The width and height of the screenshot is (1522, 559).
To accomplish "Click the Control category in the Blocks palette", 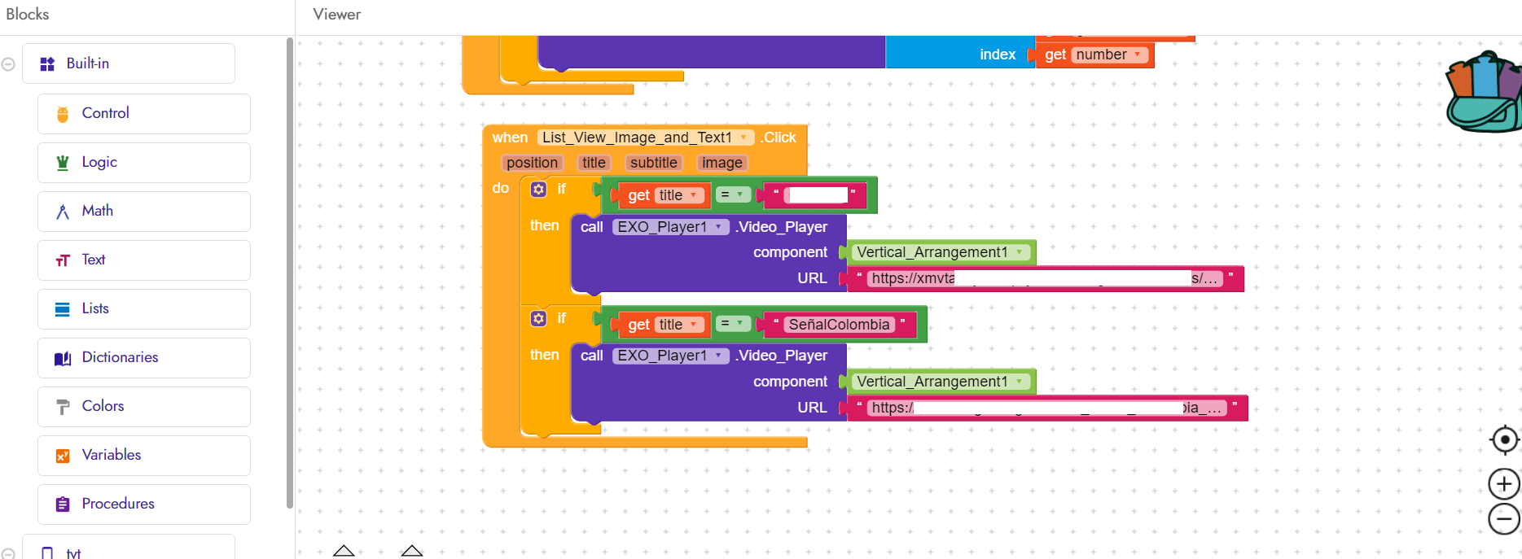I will pos(105,113).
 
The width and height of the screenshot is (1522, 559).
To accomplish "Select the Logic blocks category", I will pos(99,162).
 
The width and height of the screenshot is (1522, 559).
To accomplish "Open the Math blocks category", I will pos(97,211).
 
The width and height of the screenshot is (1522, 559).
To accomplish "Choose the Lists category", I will pos(95,308).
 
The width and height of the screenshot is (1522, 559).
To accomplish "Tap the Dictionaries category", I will pos(120,357).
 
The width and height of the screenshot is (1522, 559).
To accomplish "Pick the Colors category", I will pos(103,406).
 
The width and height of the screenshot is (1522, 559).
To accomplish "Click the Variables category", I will pos(111,455).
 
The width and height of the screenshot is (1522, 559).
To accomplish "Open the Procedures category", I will pos(118,504).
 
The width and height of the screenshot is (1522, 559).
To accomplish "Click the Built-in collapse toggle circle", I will pos(8,64).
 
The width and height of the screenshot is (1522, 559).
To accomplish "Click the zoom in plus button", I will pos(1504,484).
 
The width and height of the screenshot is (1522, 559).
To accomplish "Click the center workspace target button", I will pos(1504,440).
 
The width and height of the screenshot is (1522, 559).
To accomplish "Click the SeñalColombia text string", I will pos(839,325).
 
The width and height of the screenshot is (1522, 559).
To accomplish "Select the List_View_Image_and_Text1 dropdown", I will pos(644,138).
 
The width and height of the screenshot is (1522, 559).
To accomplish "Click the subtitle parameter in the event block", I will pos(653,163).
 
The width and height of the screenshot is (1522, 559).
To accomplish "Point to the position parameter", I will pos(532,163).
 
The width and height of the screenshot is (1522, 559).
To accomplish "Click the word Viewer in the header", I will pos(336,15).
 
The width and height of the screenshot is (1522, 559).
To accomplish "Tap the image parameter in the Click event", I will pos(722,163).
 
